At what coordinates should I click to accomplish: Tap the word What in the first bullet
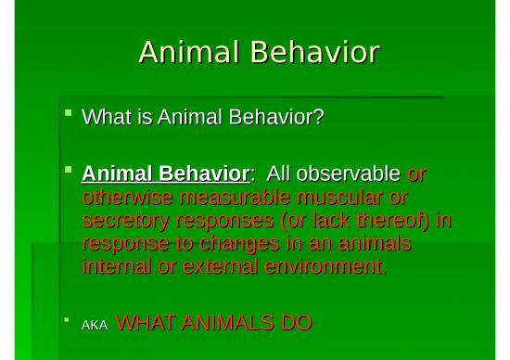(104, 118)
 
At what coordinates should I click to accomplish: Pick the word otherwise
(123, 198)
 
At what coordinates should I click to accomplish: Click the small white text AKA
(96, 325)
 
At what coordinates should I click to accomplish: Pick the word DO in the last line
(295, 323)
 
